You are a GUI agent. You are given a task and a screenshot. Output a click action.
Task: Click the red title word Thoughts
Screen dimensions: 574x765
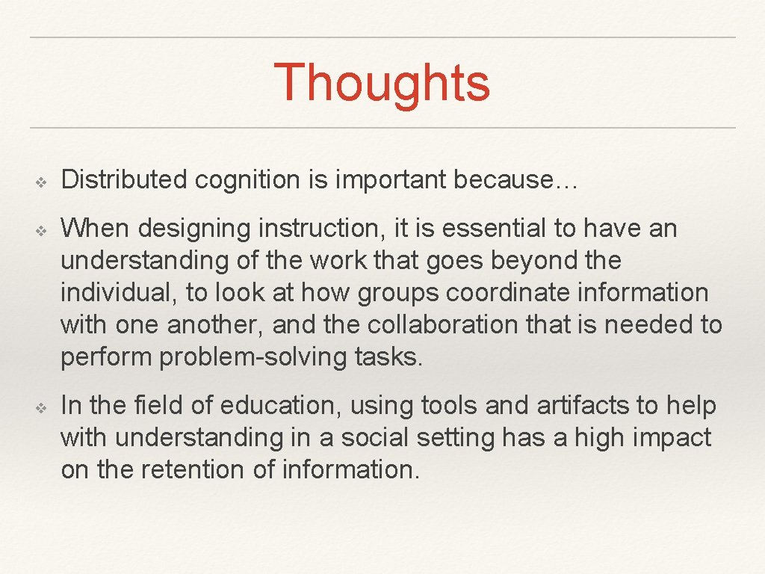382,83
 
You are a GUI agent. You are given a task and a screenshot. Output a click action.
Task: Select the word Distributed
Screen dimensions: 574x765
123,179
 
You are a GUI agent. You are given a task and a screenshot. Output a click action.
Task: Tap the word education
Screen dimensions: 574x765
280,406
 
